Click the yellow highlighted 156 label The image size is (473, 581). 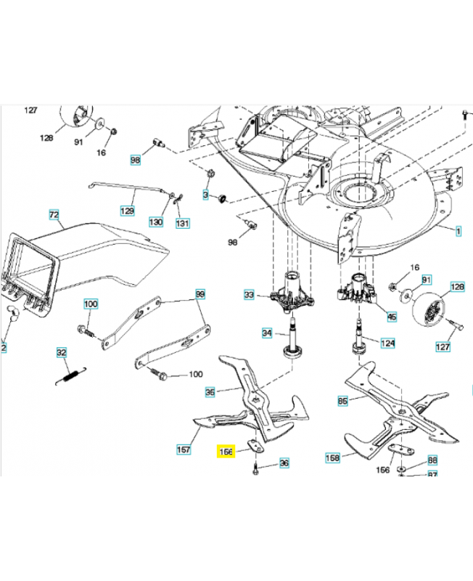pyautogui.click(x=226, y=451)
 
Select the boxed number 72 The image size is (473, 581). pyautogui.click(x=54, y=215)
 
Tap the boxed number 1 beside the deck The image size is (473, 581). pyautogui.click(x=458, y=232)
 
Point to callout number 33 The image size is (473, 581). pyautogui.click(x=249, y=295)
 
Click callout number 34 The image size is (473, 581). pyautogui.click(x=267, y=333)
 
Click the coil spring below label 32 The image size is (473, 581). pyautogui.click(x=68, y=375)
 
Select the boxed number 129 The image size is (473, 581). pyautogui.click(x=127, y=211)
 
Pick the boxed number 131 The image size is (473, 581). pyautogui.click(x=181, y=222)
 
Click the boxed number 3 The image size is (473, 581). pyautogui.click(x=205, y=195)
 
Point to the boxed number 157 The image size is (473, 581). pyautogui.click(x=184, y=450)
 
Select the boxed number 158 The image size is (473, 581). pyautogui.click(x=333, y=458)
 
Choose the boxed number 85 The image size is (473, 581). pyautogui.click(x=342, y=400)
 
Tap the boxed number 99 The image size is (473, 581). pyautogui.click(x=201, y=293)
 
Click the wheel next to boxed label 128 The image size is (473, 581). pyautogui.click(x=427, y=309)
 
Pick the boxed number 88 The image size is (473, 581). pyautogui.click(x=432, y=460)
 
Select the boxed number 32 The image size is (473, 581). pyautogui.click(x=62, y=353)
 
